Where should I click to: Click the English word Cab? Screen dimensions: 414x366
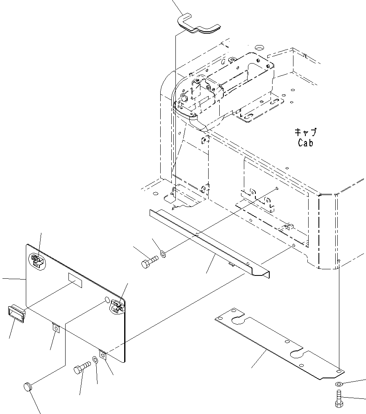pos(305,143)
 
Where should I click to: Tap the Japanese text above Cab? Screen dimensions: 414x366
pos(305,132)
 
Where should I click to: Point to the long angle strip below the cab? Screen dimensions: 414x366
pos(209,242)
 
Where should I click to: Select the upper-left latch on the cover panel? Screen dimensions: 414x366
pos(36,260)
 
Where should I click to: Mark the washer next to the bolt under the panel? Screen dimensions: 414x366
pos(95,360)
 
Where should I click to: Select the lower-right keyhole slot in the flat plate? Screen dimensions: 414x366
pos(297,353)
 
